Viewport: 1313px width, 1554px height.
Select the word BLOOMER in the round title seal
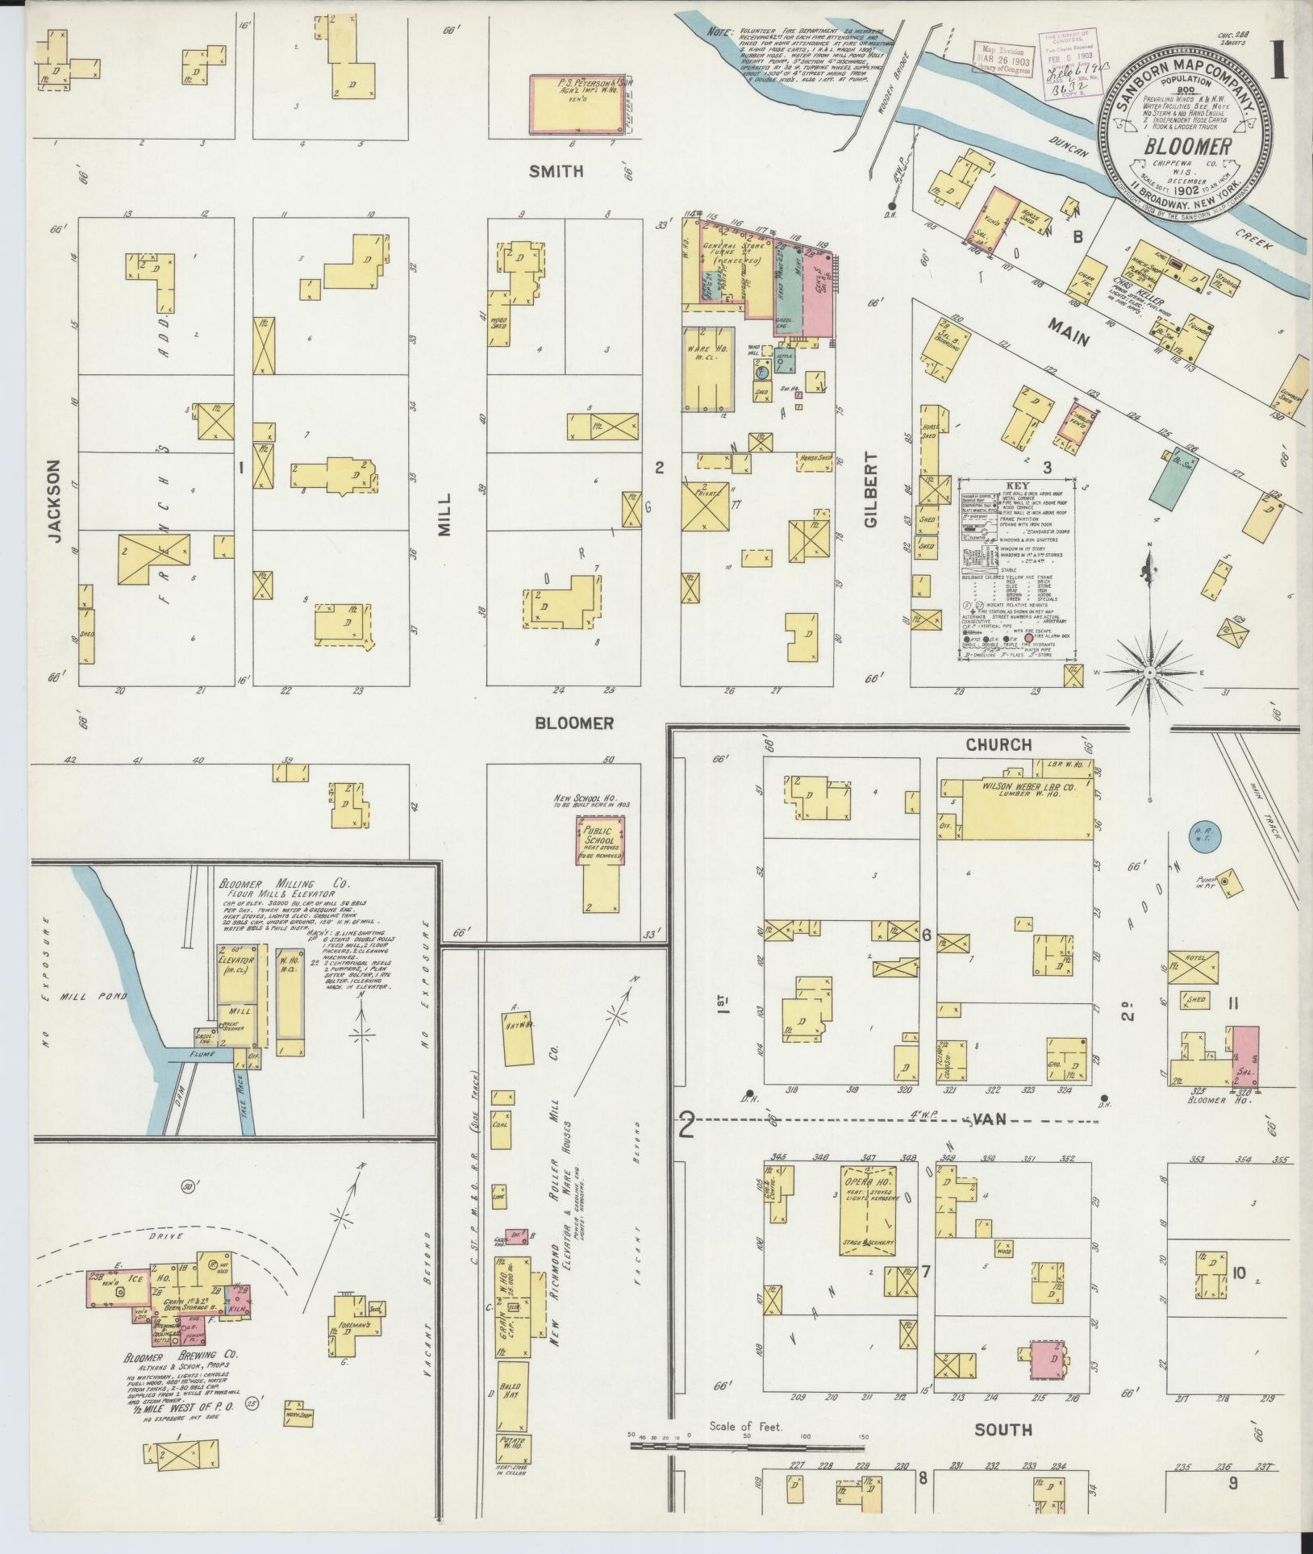(1185, 148)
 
